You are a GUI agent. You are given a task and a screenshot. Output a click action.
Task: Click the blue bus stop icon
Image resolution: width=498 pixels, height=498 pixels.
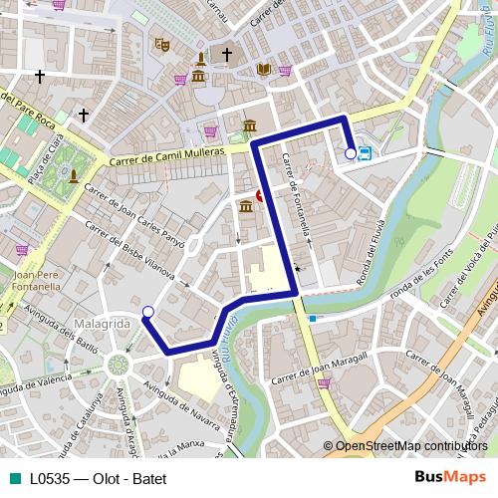click(366, 153)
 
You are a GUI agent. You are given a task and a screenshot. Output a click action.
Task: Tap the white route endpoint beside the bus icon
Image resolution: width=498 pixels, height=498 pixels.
click(351, 153)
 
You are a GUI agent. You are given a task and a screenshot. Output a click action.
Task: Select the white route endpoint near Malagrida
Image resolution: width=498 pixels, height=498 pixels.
click(148, 313)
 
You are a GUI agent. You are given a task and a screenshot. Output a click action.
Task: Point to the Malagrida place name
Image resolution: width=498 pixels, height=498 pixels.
click(101, 325)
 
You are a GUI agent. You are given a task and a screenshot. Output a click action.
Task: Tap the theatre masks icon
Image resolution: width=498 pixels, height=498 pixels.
click(161, 44)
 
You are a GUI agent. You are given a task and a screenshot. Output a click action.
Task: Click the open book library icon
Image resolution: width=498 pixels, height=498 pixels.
click(264, 69)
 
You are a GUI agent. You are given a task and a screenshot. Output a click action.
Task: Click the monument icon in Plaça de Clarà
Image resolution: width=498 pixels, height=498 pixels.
click(74, 177)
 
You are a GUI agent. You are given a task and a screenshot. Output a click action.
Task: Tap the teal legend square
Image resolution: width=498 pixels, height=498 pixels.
click(10, 478)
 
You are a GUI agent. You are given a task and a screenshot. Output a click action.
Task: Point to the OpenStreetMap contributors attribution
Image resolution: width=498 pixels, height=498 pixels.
click(410, 446)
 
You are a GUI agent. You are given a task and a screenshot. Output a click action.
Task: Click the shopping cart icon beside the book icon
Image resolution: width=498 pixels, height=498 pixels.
click(285, 70)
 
